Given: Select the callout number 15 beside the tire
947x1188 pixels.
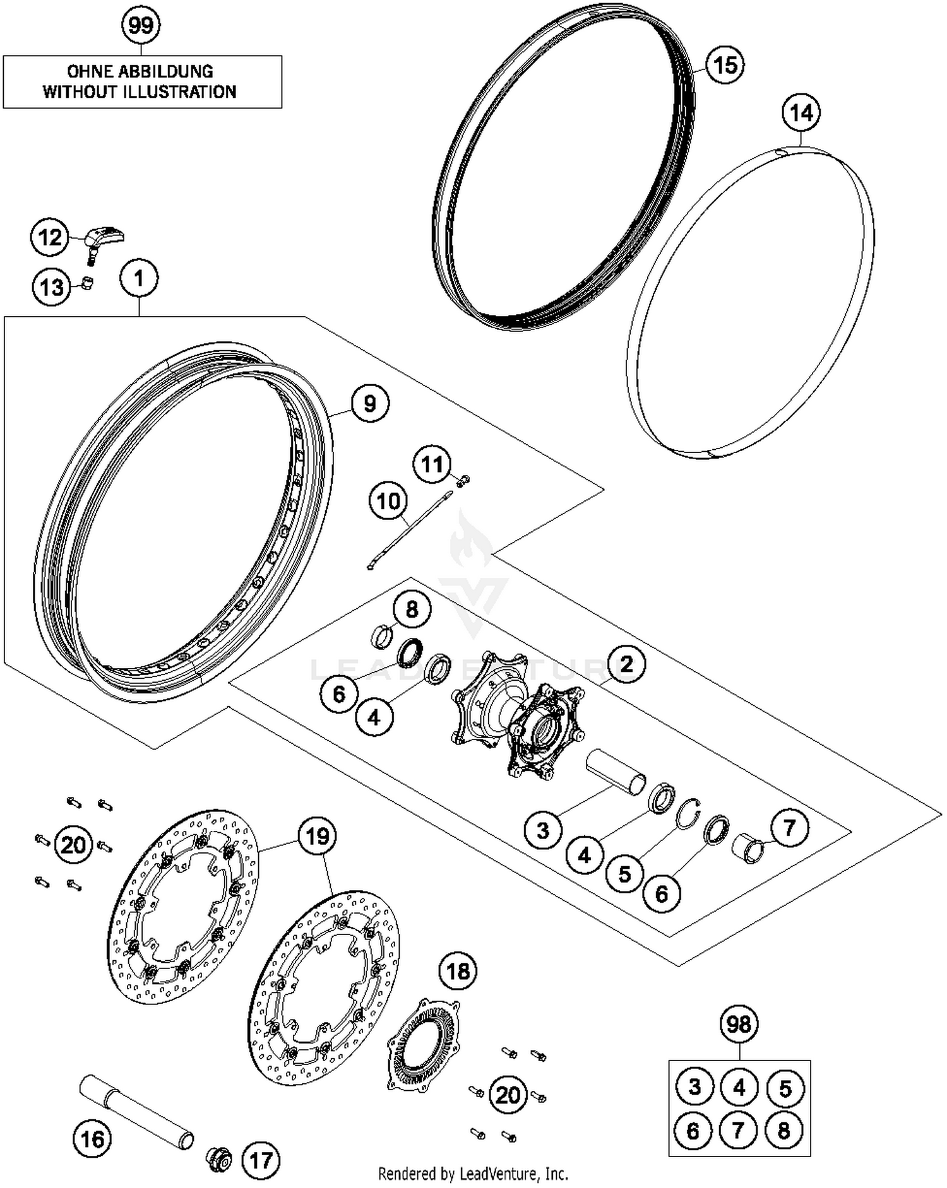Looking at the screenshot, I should [x=725, y=64].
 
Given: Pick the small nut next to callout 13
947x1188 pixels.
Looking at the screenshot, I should [x=88, y=282].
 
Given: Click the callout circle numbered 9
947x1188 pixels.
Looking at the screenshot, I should [x=369, y=403].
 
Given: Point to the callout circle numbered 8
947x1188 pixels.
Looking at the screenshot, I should [x=412, y=609].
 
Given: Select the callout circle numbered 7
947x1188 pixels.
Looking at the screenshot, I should [x=789, y=828].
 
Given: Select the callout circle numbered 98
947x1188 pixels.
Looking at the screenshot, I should [x=739, y=1023].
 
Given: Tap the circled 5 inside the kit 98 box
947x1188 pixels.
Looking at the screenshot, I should [x=784, y=1088].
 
